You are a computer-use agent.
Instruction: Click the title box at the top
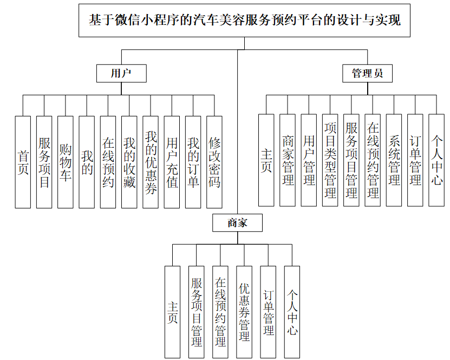(245, 21)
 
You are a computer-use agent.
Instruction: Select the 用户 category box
(121, 74)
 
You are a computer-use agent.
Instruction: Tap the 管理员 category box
(368, 74)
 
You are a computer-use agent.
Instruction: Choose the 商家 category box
(237, 222)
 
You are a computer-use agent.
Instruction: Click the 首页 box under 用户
(23, 162)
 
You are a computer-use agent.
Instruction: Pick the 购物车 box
(65, 162)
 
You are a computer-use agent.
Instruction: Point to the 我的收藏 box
(129, 162)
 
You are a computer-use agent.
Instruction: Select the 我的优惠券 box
(151, 162)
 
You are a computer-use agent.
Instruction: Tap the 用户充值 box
(172, 162)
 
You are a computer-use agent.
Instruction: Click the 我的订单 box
(193, 162)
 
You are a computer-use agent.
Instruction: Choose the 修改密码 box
(214, 162)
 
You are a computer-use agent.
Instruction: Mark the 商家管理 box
(288, 160)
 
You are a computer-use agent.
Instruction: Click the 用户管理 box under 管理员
(309, 160)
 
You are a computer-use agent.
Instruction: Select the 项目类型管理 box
(330, 160)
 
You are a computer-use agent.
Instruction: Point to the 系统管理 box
(394, 160)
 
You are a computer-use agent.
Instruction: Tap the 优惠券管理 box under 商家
(244, 312)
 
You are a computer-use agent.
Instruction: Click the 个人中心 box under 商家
(292, 312)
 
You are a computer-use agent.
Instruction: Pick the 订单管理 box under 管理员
(415, 160)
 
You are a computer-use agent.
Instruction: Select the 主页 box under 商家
(172, 312)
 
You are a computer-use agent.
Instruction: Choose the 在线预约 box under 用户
(108, 162)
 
